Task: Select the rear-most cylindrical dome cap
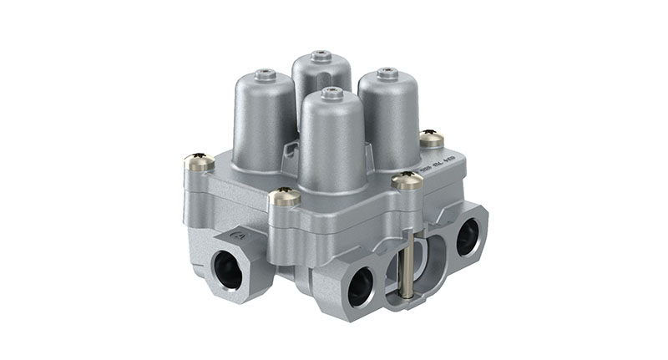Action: click(x=321, y=79)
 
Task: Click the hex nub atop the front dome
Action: click(x=332, y=92)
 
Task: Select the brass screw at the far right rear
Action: click(x=432, y=139)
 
